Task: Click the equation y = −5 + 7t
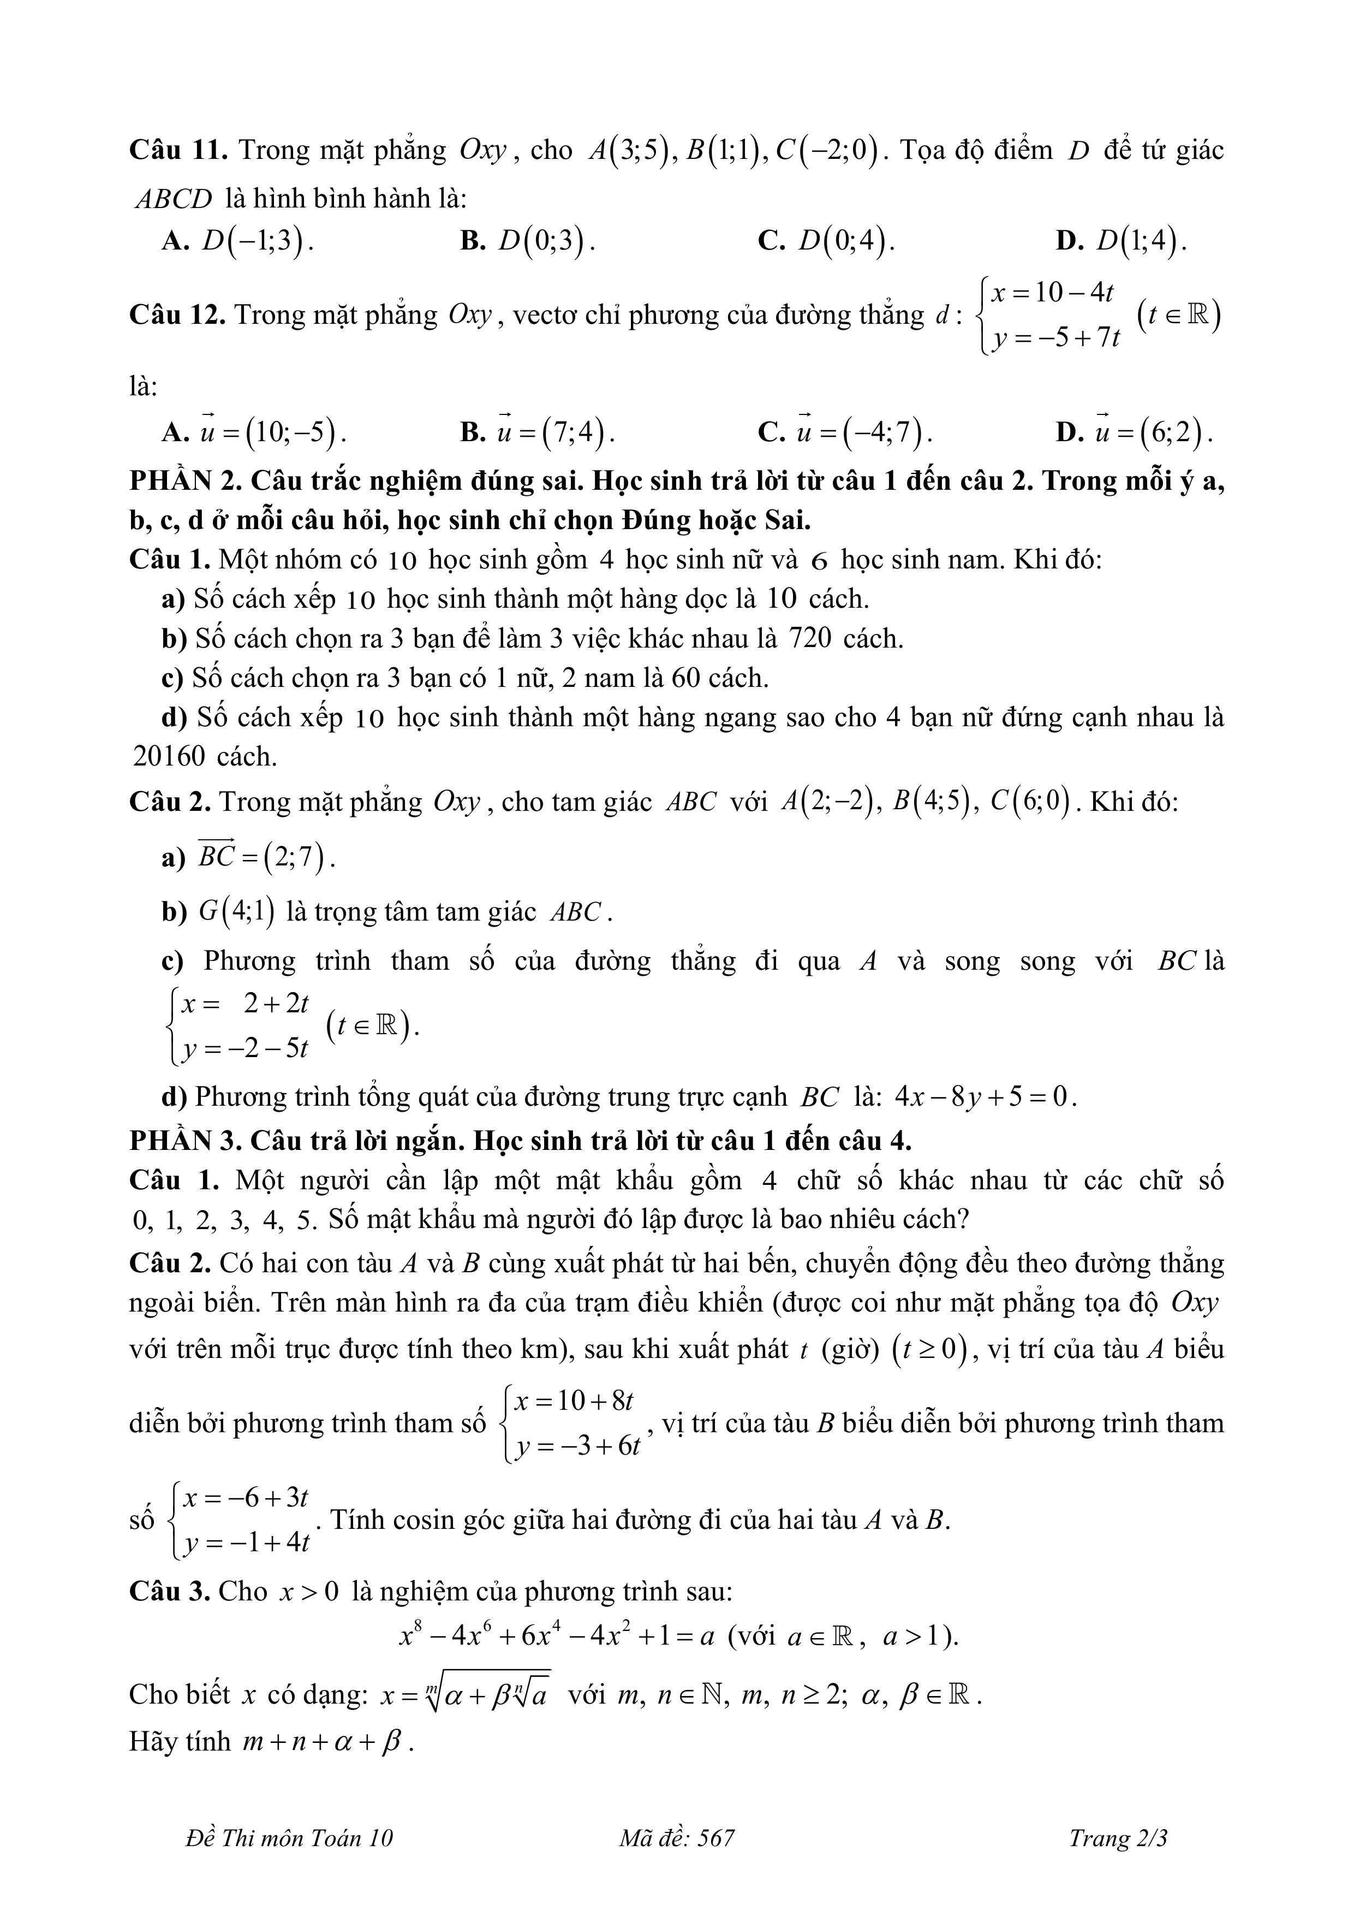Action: point(1056,339)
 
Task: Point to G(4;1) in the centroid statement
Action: point(237,912)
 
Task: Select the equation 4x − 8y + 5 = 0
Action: point(985,1096)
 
